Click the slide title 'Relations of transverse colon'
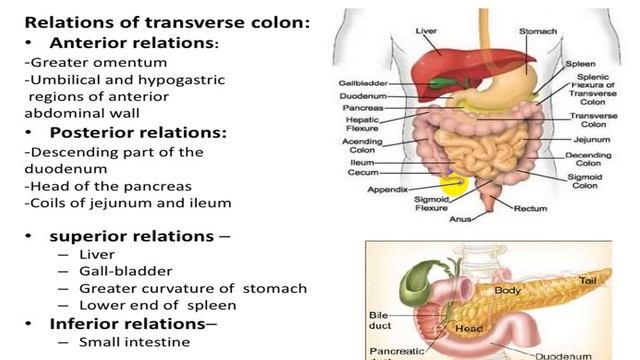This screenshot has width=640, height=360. point(166,20)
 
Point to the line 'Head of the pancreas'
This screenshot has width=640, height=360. point(106,186)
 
